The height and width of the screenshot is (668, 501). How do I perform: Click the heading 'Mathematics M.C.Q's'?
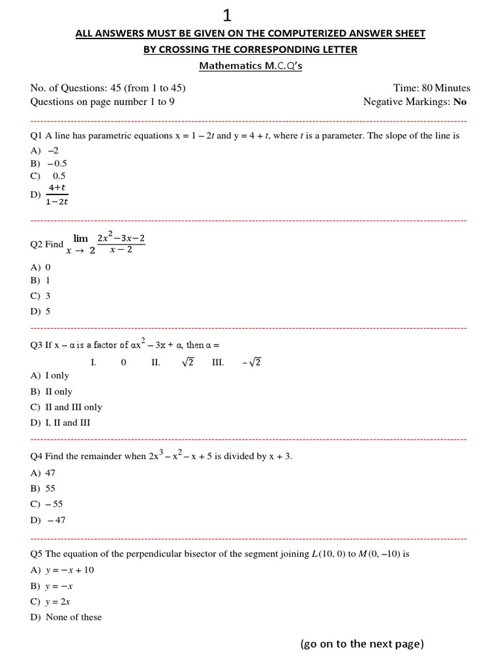coord(250,66)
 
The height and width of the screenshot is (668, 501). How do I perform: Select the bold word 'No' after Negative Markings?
coord(460,102)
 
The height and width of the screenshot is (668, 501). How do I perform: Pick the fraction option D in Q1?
coord(57,194)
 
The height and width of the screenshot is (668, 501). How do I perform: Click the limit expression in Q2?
coord(104,244)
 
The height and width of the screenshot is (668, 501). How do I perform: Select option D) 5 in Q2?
coord(40,311)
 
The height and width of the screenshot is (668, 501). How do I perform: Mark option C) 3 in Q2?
coord(40,296)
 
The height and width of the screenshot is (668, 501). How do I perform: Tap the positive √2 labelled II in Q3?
coord(187,363)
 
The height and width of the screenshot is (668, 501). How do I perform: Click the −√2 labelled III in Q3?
coord(252,363)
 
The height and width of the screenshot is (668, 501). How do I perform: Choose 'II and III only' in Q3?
coord(73,407)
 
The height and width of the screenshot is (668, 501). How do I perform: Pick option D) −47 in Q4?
coord(49,520)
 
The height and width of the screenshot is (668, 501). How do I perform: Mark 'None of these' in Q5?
coord(74,617)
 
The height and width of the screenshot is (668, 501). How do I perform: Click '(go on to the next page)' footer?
coord(361,644)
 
